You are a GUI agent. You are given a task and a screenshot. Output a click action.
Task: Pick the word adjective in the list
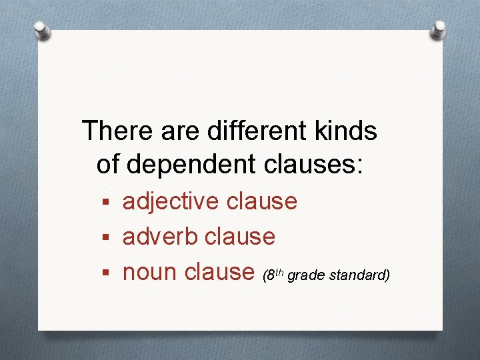[x=170, y=201]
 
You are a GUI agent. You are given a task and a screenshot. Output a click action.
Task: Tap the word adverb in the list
[x=161, y=236]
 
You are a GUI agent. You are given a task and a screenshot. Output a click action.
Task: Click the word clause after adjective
[x=261, y=201]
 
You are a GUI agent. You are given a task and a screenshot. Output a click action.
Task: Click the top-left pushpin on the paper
[x=42, y=30]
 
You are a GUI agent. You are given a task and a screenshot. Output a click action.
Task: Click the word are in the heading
[x=180, y=131]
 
